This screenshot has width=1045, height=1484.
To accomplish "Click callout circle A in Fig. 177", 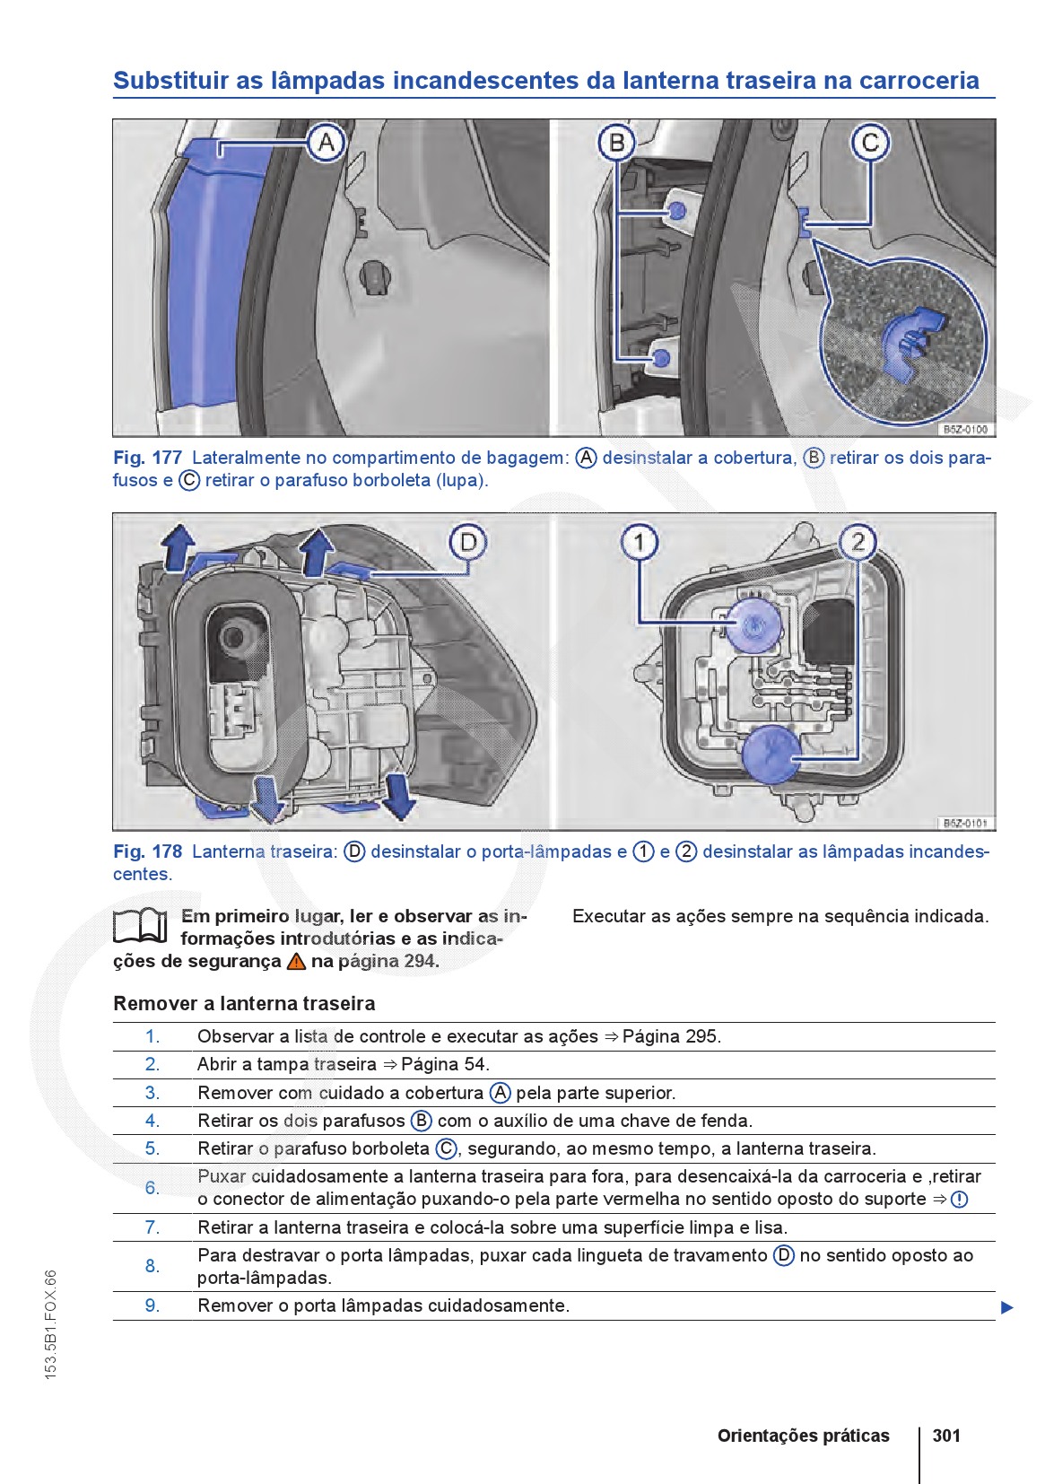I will pyautogui.click(x=326, y=143).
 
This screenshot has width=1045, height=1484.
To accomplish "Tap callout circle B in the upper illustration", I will pyautogui.click(x=616, y=143).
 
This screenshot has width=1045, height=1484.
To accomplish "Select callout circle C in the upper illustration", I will pyautogui.click(x=870, y=143).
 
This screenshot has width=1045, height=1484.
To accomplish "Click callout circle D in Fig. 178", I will pyautogui.click(x=468, y=543).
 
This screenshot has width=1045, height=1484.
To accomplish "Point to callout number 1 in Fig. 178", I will pyautogui.click(x=639, y=542).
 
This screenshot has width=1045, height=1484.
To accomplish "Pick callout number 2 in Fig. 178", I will pyautogui.click(x=858, y=542).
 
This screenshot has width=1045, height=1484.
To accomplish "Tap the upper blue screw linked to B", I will pyautogui.click(x=676, y=211).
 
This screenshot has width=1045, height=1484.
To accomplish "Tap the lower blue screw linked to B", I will pyautogui.click(x=661, y=359).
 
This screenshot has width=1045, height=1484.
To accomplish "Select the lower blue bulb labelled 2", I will pyautogui.click(x=771, y=754).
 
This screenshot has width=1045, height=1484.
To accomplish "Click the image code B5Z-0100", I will pyautogui.click(x=965, y=430).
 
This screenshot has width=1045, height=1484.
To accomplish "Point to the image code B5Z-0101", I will pyautogui.click(x=965, y=823).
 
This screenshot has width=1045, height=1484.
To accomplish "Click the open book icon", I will pyautogui.click(x=141, y=926).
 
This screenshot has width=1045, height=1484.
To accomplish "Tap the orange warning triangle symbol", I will pyautogui.click(x=296, y=962).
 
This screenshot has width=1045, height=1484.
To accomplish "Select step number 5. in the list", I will pyautogui.click(x=152, y=1148).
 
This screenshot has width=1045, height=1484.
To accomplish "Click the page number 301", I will pyautogui.click(x=946, y=1436).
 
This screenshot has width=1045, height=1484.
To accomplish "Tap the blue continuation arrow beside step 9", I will pyautogui.click(x=1006, y=1307).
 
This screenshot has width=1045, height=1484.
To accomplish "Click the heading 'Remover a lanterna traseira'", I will pyautogui.click(x=244, y=1004).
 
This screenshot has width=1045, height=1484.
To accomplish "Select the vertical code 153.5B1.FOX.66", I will pyautogui.click(x=51, y=1323).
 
